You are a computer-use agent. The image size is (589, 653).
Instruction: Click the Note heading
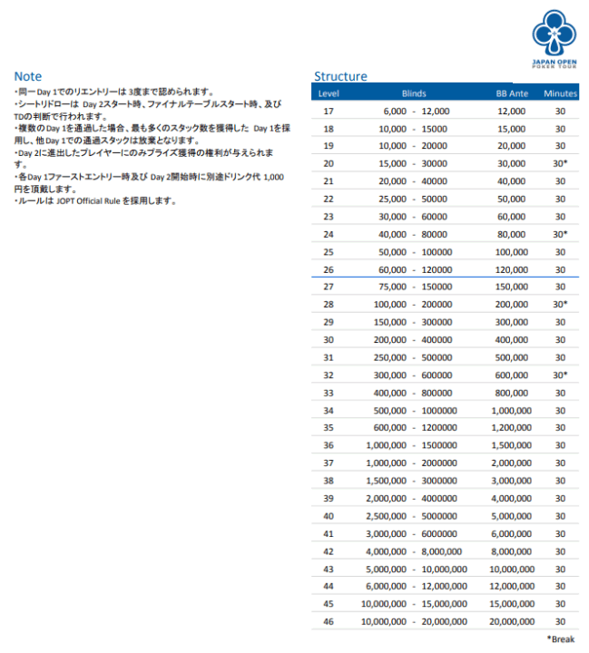point(28,76)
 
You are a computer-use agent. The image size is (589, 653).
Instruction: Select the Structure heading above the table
point(340,76)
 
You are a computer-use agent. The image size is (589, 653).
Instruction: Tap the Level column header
point(329,93)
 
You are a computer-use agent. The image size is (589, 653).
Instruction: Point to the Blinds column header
point(414,93)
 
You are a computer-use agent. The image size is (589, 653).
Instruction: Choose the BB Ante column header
point(512,93)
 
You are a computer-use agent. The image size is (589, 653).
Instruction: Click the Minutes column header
point(560,93)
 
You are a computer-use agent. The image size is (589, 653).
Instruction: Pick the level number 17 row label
point(329,111)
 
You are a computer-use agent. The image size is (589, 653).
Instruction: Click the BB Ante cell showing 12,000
point(512,111)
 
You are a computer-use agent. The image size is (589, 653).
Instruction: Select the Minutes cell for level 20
point(561,163)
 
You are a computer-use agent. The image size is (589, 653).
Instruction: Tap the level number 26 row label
point(329,269)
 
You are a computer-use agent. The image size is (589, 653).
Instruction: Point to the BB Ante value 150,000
point(511,287)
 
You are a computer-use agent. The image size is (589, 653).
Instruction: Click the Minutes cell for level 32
point(561,375)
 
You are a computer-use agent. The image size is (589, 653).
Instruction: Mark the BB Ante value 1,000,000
point(510,410)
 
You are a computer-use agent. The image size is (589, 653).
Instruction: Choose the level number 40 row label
point(329,515)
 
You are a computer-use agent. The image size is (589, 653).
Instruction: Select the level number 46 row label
point(329,621)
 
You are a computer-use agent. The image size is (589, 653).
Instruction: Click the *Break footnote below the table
point(560,639)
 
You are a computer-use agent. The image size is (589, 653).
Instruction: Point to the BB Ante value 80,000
point(512,234)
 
